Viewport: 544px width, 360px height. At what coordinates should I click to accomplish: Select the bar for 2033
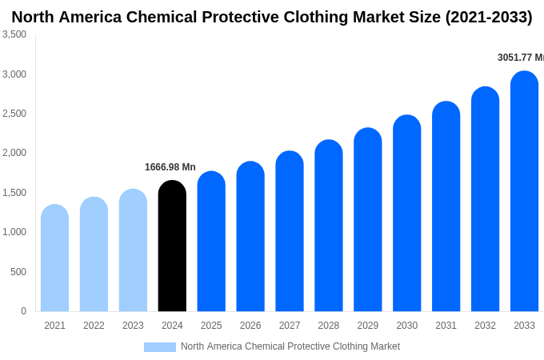click(524, 192)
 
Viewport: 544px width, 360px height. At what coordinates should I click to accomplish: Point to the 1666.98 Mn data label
click(170, 167)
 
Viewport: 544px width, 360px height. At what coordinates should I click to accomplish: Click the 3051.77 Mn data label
click(520, 58)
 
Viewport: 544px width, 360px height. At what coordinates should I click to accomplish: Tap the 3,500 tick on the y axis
click(14, 34)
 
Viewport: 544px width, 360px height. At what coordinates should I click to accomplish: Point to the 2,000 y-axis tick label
click(14, 153)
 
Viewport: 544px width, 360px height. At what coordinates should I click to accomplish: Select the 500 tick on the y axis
click(18, 272)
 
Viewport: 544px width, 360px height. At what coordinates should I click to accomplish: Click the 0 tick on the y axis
click(23, 311)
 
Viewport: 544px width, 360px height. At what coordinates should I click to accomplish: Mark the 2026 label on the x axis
click(250, 326)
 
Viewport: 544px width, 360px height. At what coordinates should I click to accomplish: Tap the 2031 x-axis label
click(446, 326)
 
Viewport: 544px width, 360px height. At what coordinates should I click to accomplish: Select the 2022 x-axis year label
click(94, 326)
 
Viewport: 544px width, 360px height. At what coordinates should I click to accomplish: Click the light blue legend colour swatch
click(159, 347)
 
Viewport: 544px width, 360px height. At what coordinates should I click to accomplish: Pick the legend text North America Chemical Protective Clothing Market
click(290, 346)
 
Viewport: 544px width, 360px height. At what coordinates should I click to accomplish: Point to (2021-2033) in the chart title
click(488, 17)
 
